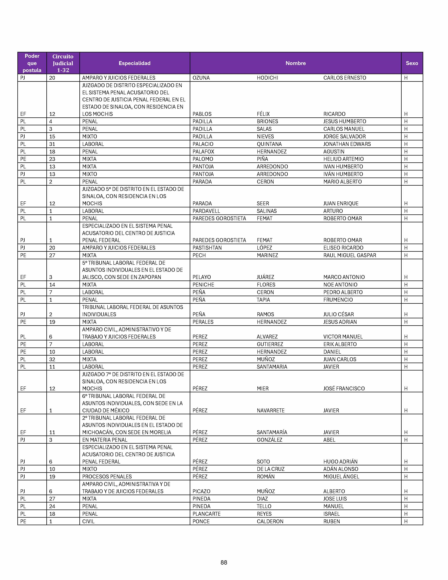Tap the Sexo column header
(412, 63)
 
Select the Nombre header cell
(295, 63)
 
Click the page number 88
(224, 562)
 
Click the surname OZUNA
(201, 78)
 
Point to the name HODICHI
(267, 78)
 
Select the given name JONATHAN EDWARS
(347, 144)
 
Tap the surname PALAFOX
(203, 152)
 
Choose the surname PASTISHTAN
(207, 248)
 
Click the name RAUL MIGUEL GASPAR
(350, 255)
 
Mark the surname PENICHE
(203, 285)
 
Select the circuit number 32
(52, 359)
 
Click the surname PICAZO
(201, 491)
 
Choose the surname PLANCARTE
(206, 514)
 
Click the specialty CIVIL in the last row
(88, 521)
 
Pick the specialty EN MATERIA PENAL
(105, 440)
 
